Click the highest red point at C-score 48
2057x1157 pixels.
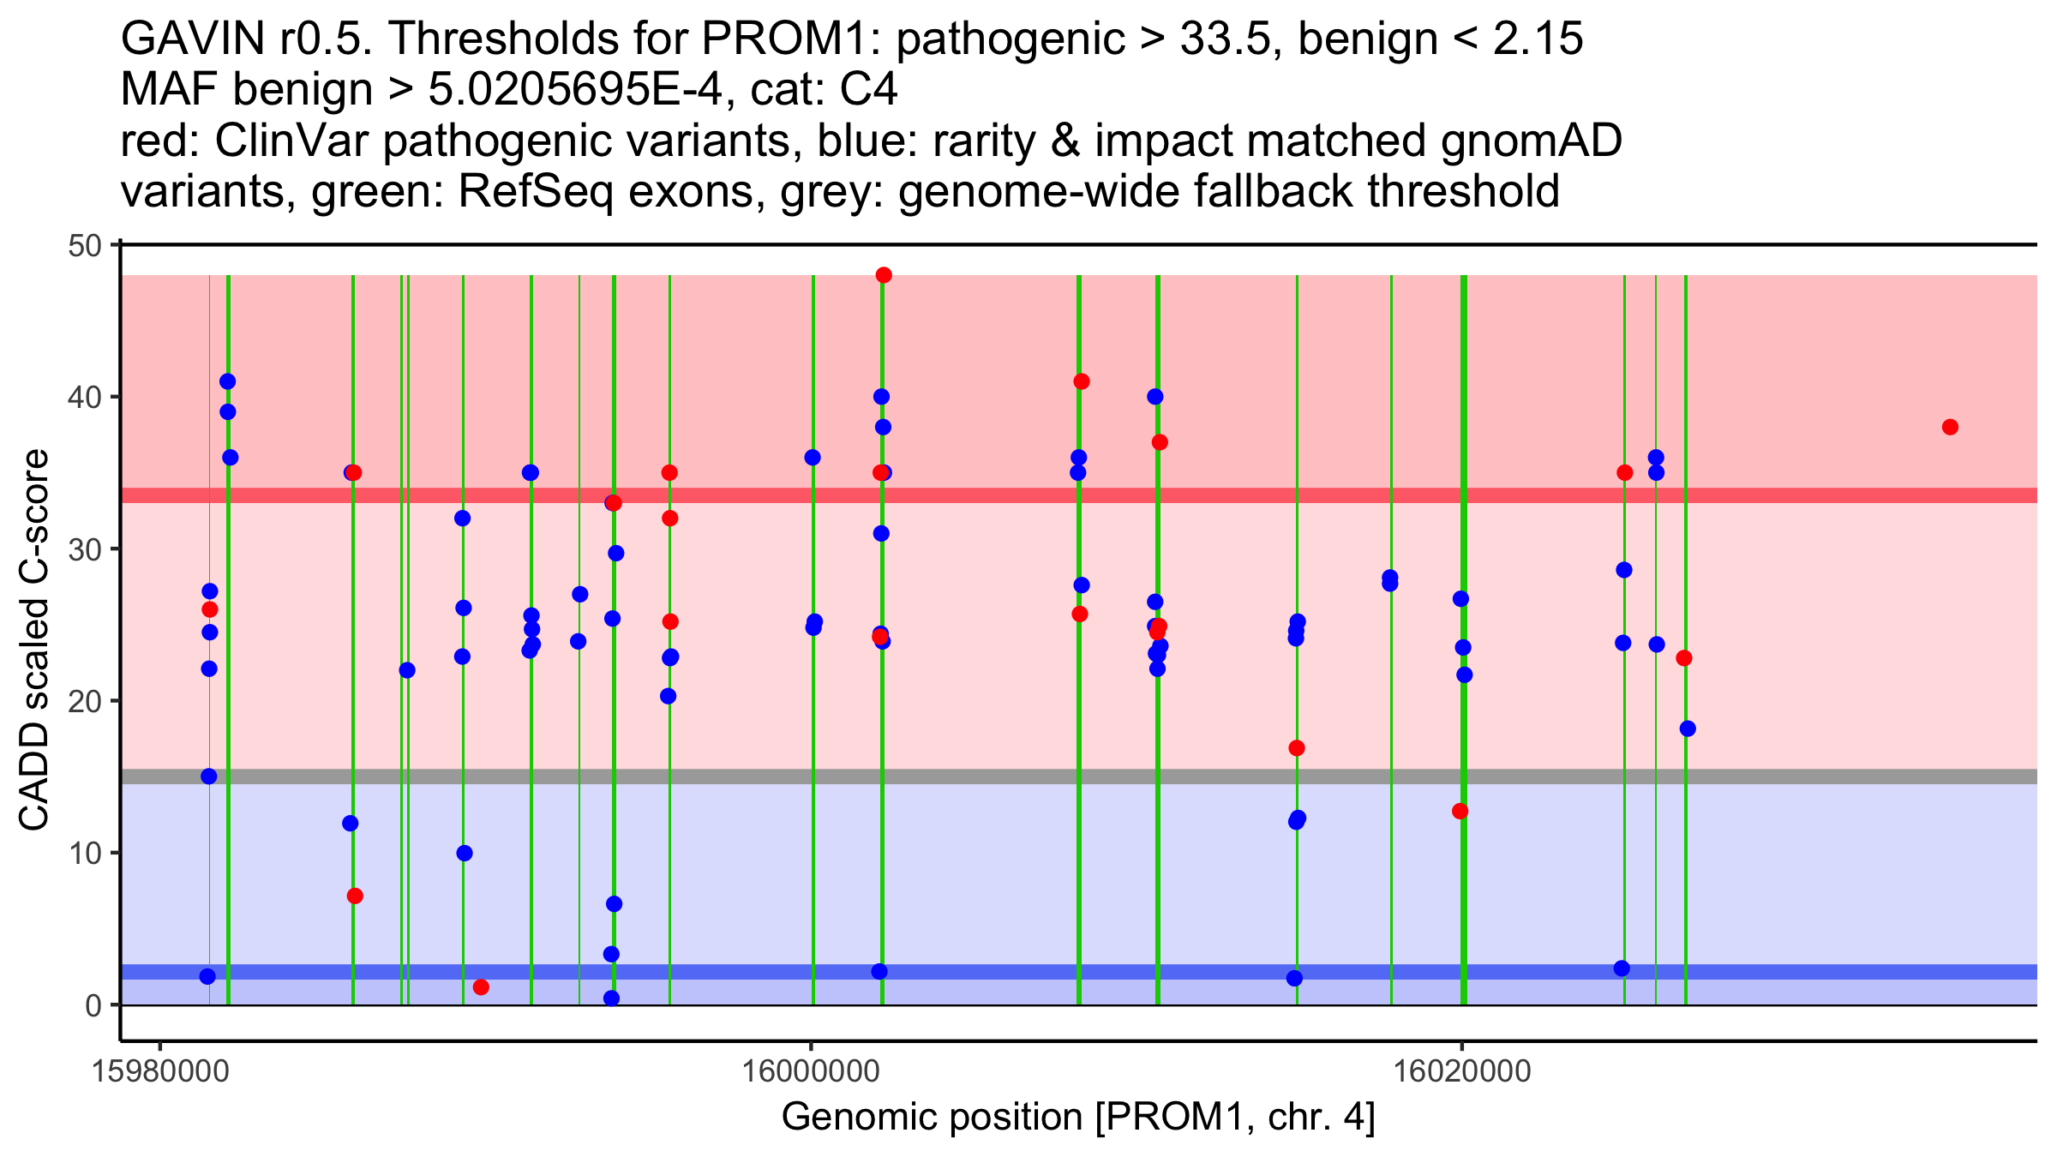coord(884,275)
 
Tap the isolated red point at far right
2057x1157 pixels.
coord(1950,427)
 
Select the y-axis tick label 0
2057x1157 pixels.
coord(93,1005)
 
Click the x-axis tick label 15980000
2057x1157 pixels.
coord(159,1071)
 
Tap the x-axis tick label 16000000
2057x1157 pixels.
coord(810,1071)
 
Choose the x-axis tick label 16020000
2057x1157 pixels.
coord(1461,1071)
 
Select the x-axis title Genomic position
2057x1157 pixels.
coord(1078,1118)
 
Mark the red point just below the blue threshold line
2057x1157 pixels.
coord(481,987)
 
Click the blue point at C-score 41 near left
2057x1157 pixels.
coord(227,381)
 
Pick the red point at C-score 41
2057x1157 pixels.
coord(1082,381)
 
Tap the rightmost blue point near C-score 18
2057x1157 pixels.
coord(1688,728)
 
